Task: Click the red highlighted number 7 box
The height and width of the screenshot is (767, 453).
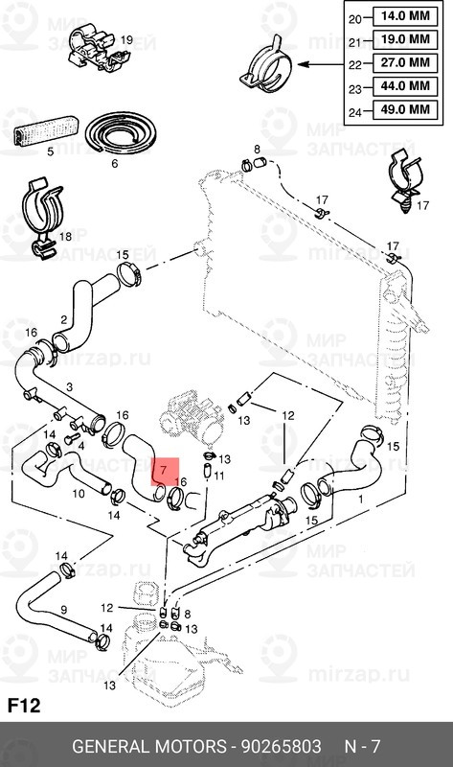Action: pyautogui.click(x=164, y=471)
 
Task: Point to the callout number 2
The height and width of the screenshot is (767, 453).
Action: pyautogui.click(x=63, y=321)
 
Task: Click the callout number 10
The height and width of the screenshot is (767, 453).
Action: pyautogui.click(x=79, y=494)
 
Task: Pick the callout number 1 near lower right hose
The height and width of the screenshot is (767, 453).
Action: pyautogui.click(x=360, y=500)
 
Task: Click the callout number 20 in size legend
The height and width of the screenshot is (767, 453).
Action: pyautogui.click(x=354, y=16)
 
